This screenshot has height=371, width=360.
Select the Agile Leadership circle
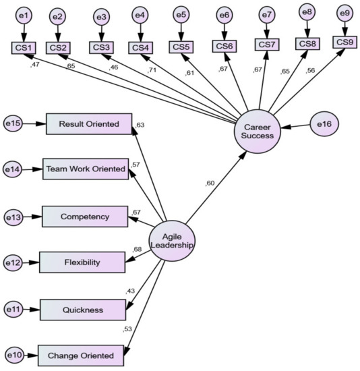click(173, 239)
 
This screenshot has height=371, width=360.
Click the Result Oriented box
click(89, 124)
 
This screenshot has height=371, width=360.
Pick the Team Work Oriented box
click(86, 169)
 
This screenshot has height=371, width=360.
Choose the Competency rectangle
click(85, 217)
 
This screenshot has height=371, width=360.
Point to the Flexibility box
click(82, 262)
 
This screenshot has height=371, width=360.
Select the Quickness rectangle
click(84, 310)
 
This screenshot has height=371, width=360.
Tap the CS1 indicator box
click(24, 48)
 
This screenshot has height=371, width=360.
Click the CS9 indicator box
click(345, 42)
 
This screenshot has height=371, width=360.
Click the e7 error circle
click(266, 16)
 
